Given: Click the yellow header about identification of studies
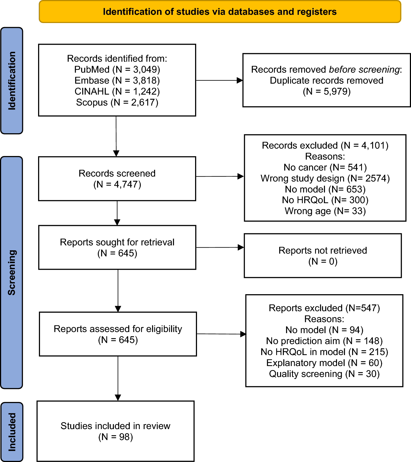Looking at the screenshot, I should [x=220, y=12].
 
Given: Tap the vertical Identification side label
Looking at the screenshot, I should [x=12, y=81].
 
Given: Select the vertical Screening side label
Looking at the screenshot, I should [x=12, y=272].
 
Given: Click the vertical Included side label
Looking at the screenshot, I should [x=12, y=432].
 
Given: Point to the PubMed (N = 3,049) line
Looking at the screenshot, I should [x=117, y=69].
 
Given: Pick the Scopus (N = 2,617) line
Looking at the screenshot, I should [x=117, y=102].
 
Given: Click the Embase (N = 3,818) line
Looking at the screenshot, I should [x=117, y=80].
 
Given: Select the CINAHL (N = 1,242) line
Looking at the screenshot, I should [x=117, y=91].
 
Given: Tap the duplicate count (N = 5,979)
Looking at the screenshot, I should [x=327, y=91].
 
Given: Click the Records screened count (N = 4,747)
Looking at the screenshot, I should [x=117, y=184].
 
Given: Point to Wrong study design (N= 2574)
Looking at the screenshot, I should [x=325, y=178].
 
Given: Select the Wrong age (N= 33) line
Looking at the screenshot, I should [x=325, y=211].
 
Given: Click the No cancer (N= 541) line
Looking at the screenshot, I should [x=325, y=167].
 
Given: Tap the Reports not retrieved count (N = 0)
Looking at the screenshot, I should [x=323, y=261].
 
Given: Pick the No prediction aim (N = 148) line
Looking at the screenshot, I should [x=324, y=341].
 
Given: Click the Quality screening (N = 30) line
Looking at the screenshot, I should [x=324, y=374].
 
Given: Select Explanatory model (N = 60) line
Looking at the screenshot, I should [x=324, y=363].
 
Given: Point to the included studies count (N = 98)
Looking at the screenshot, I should [x=115, y=437].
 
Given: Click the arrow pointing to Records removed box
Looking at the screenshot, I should [x=219, y=80].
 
